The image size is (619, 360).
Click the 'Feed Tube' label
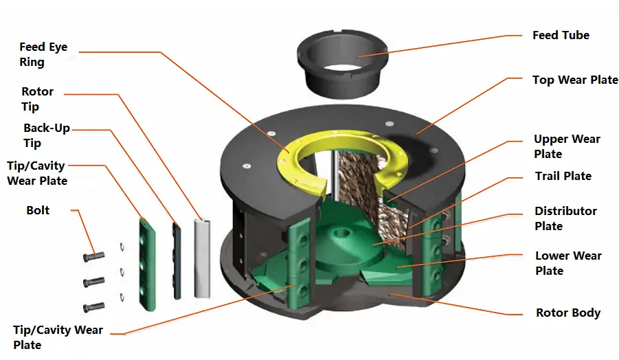click(x=561, y=35)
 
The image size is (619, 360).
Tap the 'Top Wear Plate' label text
click(x=575, y=80)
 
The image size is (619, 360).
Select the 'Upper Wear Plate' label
click(x=567, y=146)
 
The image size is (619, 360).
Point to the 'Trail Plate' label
click(x=563, y=177)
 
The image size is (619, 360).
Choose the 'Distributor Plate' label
click(x=565, y=218)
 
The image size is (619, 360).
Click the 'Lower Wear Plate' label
click(x=568, y=263)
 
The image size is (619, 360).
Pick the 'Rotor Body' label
click(x=568, y=313)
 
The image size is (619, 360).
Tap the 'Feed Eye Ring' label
click(x=43, y=54)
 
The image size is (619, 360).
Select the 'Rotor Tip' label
click(x=38, y=99)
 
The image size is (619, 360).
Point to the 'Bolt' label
click(x=38, y=210)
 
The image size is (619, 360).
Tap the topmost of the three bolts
click(x=94, y=257)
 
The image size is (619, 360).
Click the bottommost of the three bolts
click(x=94, y=307)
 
